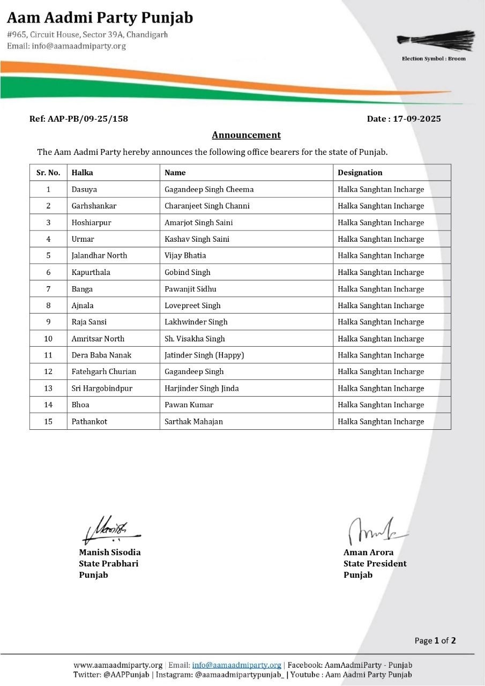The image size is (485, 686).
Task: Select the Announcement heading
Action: tap(246, 135)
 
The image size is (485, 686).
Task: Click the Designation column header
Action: tap(360, 173)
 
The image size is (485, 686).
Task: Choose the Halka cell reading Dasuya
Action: tap(84, 189)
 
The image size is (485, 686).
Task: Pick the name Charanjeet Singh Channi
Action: tap(207, 206)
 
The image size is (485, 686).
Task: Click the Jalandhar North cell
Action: tap(99, 255)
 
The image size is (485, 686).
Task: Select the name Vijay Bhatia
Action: tap(185, 255)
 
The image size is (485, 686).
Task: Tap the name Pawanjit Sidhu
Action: tap(190, 289)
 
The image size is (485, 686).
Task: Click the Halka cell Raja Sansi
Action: tap(90, 322)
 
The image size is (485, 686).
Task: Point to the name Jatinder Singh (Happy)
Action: tap(204, 355)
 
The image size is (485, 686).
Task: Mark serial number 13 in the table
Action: tap(48, 388)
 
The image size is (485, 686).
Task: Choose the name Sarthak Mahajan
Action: tap(193, 421)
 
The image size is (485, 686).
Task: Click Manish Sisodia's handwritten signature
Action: tap(110, 529)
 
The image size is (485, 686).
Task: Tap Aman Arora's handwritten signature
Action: tap(375, 531)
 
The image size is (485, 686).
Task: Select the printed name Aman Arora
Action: tap(368, 552)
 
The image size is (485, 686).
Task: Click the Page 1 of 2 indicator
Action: tap(435, 640)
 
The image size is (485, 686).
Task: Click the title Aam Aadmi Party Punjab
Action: tap(100, 18)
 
